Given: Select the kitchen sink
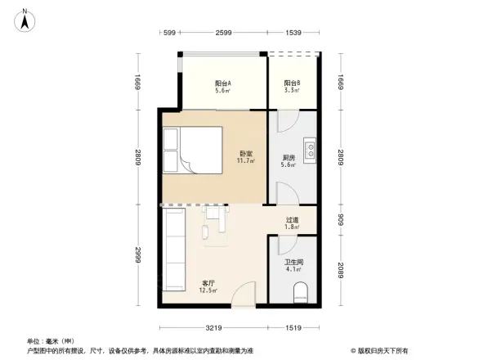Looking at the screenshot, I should coord(311,150).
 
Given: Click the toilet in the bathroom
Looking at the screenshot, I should coord(300,290).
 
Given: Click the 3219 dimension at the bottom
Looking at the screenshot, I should coord(213,328).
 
